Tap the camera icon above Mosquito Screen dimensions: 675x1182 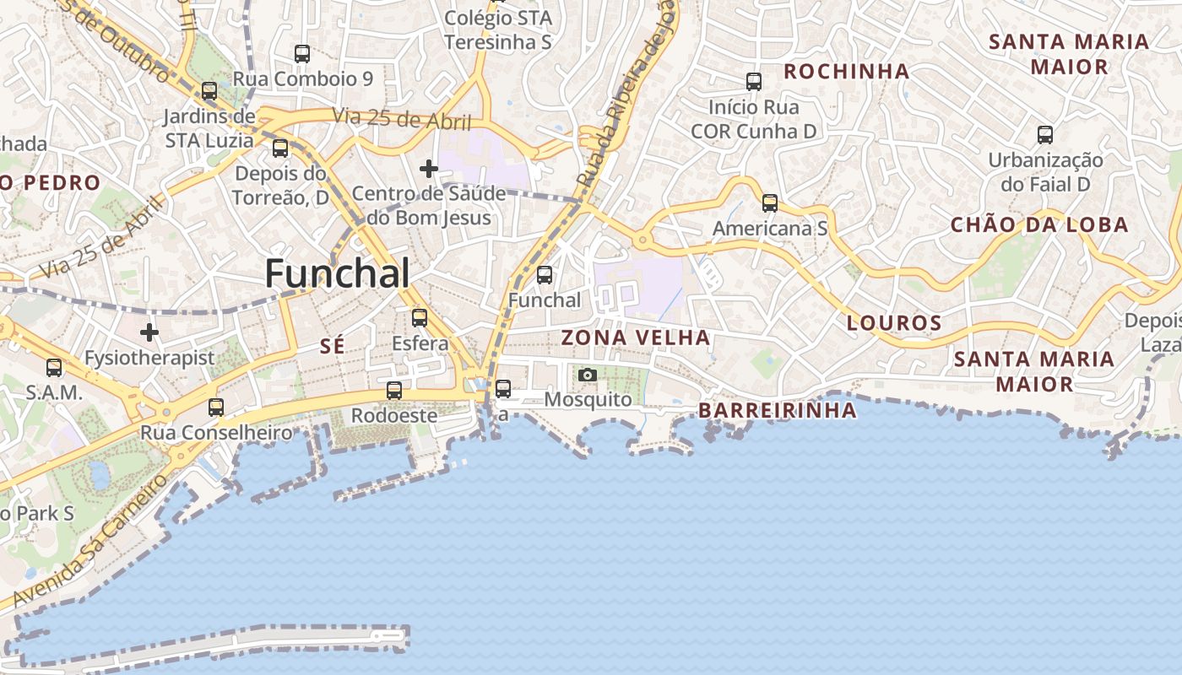pyautogui.click(x=588, y=375)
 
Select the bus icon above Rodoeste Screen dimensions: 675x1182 pyautogui.click(x=394, y=391)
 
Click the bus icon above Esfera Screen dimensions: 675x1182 pyautogui.click(x=420, y=318)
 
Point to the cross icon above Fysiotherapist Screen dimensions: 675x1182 pyautogui.click(x=149, y=332)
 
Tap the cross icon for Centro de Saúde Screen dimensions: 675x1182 pyautogui.click(x=429, y=169)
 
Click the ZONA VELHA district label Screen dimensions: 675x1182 pyautogui.click(x=636, y=337)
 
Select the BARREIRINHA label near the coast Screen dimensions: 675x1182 pyautogui.click(x=778, y=411)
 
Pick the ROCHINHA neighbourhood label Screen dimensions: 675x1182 pyautogui.click(x=847, y=71)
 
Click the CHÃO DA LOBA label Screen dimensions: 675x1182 pyautogui.click(x=1039, y=224)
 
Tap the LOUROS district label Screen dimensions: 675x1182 pyautogui.click(x=894, y=322)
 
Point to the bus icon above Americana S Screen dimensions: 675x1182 pyautogui.click(x=769, y=203)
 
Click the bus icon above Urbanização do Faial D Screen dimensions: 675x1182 pyautogui.click(x=1045, y=134)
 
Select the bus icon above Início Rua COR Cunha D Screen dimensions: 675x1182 pyautogui.click(x=754, y=82)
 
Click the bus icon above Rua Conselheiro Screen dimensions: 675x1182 pyautogui.click(x=216, y=408)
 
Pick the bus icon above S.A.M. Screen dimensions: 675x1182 pyautogui.click(x=54, y=368)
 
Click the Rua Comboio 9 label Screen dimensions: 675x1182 pyautogui.click(x=303, y=78)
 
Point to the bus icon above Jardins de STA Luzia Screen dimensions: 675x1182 pyautogui.click(x=209, y=91)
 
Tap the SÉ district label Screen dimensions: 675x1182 pyautogui.click(x=334, y=345)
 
